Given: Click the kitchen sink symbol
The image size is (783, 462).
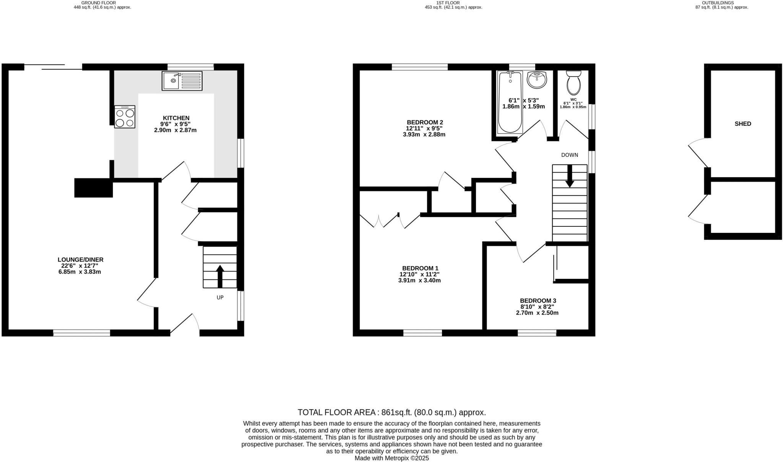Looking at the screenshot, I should [182, 81].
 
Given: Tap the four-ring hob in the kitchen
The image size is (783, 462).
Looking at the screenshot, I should [125, 117].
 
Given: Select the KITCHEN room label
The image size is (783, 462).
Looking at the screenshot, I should [176, 118].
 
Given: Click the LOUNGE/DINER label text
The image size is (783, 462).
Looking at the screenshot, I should [81, 260].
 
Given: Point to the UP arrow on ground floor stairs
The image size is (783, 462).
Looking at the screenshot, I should [220, 276].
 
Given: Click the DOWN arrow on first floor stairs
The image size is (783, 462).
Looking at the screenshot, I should [570, 176].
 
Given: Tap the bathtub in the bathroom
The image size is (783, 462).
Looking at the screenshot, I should [510, 101].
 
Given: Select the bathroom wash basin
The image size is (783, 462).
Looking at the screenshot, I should [537, 80].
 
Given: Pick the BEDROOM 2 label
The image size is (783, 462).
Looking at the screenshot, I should [424, 122].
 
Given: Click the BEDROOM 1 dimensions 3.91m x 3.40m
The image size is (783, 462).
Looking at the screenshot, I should [419, 280].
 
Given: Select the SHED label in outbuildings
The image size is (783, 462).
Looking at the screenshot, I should [742, 124].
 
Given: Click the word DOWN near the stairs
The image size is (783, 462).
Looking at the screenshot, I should [569, 155].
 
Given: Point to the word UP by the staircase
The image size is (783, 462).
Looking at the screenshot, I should [220, 298].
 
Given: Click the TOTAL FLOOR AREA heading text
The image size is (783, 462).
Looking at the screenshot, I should [338, 412].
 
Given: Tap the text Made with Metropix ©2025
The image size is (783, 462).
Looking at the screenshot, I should [391, 458].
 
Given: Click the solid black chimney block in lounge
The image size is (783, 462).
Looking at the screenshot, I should [93, 188].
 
